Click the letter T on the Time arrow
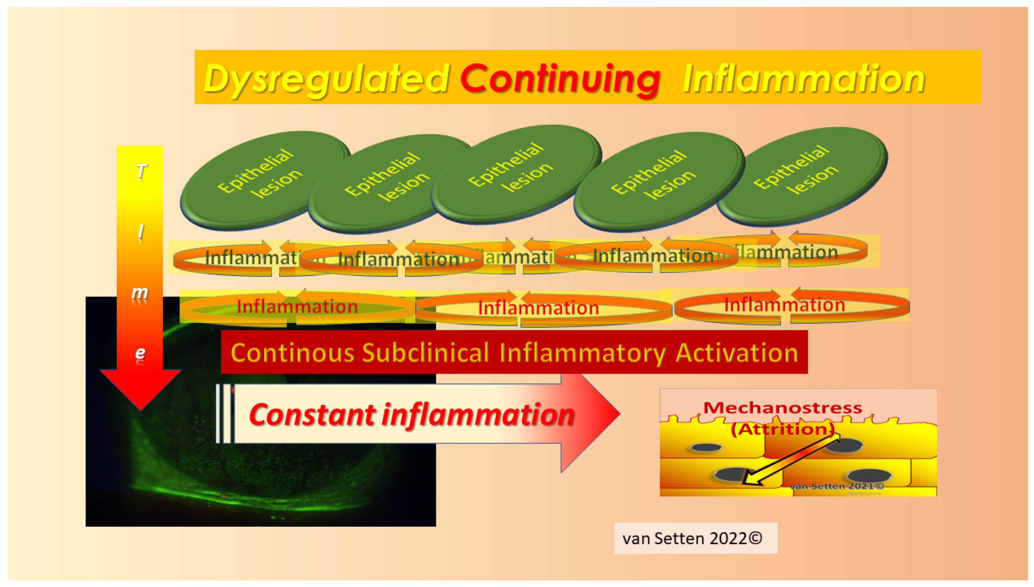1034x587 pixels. tap(140, 171)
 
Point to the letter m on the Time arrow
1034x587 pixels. tap(140, 292)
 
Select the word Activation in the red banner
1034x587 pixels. tap(737, 353)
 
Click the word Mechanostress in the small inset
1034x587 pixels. tap(783, 408)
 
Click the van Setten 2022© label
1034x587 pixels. tap(692, 538)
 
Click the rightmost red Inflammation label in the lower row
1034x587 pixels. tap(784, 305)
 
